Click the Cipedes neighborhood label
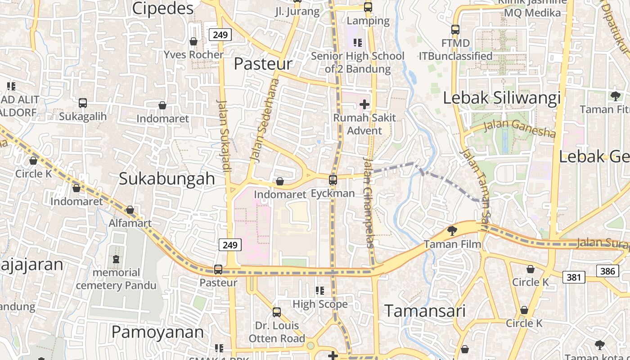(x=163, y=8)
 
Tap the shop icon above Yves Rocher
(x=193, y=41)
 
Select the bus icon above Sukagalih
(x=83, y=103)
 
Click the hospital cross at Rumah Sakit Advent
(x=364, y=104)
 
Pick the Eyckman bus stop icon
(x=333, y=180)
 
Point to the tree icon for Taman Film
(x=452, y=231)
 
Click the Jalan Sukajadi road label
(x=224, y=135)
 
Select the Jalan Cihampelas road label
(x=369, y=202)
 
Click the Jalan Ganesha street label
(x=519, y=128)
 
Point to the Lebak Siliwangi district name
(x=502, y=98)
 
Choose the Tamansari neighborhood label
(x=425, y=311)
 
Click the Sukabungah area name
(x=167, y=179)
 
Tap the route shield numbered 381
(x=574, y=277)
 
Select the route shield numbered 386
(x=607, y=271)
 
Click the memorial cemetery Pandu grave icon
(x=116, y=259)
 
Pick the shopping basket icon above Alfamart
(x=130, y=210)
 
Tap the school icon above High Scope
(x=320, y=291)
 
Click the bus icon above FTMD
(x=455, y=30)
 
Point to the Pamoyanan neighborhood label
(x=157, y=332)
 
